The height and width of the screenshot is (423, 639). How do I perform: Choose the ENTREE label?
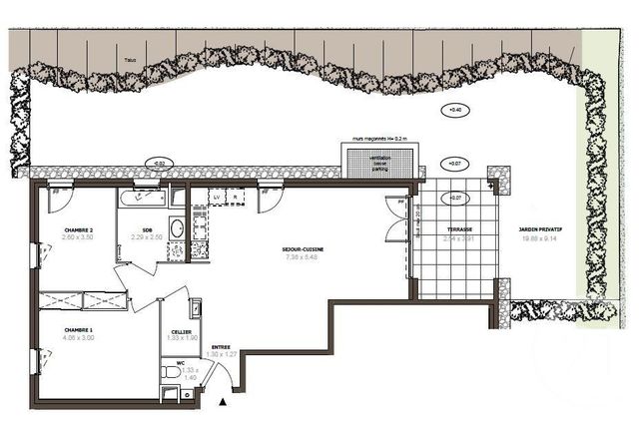pos(220,347)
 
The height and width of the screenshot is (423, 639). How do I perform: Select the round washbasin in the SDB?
pos(176,228)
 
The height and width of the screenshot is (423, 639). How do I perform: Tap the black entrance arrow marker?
pos(222,402)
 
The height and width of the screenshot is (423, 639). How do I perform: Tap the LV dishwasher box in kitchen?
pos(217,198)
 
